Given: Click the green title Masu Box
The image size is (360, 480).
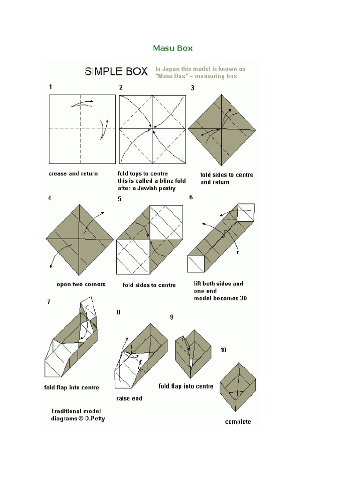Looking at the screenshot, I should pyautogui.click(x=172, y=48).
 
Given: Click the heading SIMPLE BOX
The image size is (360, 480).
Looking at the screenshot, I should pyautogui.click(x=116, y=72).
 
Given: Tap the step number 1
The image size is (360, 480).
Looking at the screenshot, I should pyautogui.click(x=51, y=87).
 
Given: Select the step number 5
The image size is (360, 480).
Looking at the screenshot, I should pyautogui.click(x=120, y=199).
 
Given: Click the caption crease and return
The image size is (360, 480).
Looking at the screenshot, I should pyautogui.click(x=73, y=173).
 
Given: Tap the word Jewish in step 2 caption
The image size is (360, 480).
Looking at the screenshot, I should pyautogui.click(x=148, y=188).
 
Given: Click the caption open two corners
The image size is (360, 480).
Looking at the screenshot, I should pyautogui.click(x=81, y=284).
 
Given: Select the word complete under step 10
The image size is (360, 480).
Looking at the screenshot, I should pyautogui.click(x=238, y=421).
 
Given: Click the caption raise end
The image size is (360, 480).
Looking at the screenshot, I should pyautogui.click(x=129, y=398).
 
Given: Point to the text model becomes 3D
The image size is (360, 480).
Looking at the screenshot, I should pyautogui.click(x=220, y=298).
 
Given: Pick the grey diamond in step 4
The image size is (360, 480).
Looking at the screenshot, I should pyautogui.click(x=80, y=239).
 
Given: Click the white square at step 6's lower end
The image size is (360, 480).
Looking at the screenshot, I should pyautogui.click(x=196, y=263).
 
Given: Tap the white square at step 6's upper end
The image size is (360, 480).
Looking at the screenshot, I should pyautogui.click(x=246, y=212).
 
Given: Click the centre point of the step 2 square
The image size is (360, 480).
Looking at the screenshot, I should pyautogui.click(x=152, y=128).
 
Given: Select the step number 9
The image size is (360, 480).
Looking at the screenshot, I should pyautogui.click(x=172, y=317).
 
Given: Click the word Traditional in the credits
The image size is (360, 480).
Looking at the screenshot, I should pyautogui.click(x=66, y=411).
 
